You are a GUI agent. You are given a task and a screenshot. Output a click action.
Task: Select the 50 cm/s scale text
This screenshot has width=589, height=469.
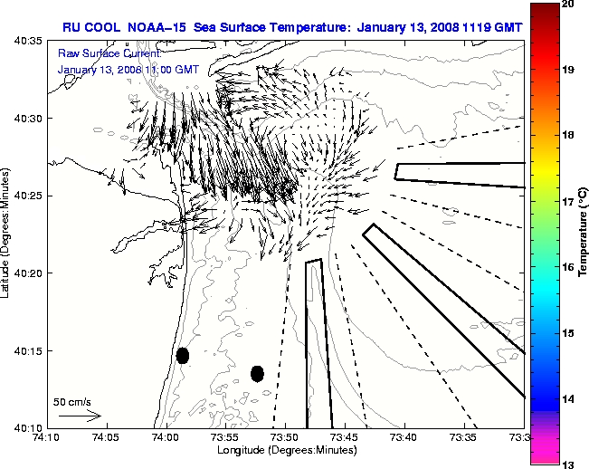pyautogui.click(x=71, y=401)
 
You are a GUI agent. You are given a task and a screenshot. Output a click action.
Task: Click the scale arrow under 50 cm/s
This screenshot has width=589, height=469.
pyautogui.click(x=78, y=416)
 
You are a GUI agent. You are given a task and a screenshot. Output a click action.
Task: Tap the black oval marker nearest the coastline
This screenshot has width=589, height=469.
pyautogui.click(x=182, y=355)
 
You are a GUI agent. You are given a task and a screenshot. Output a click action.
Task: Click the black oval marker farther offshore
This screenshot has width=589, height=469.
pyautogui.click(x=257, y=373)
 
